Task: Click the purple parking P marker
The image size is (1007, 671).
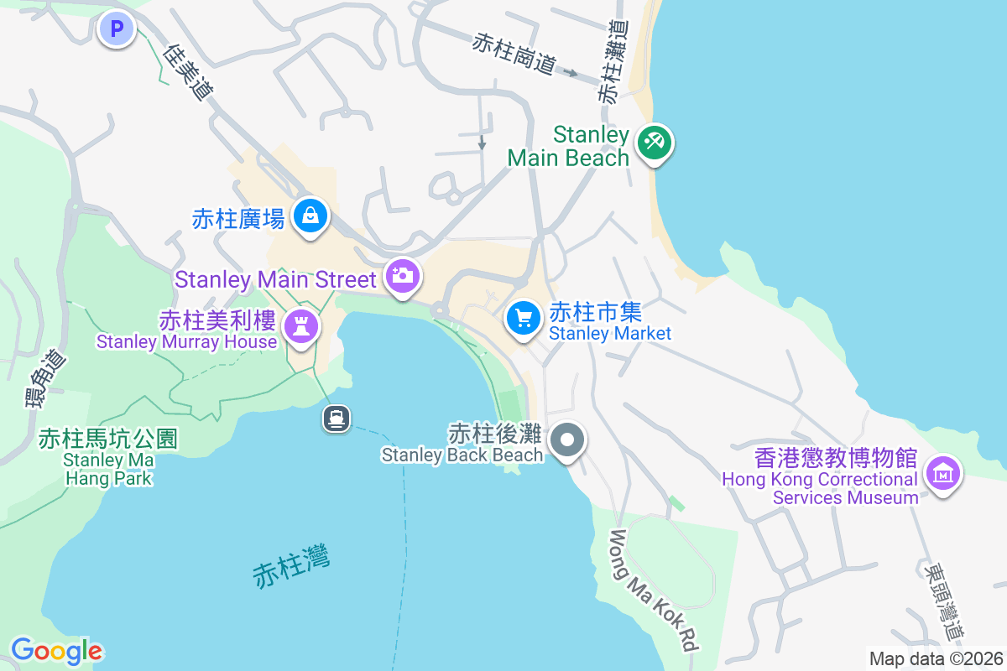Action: pyautogui.click(x=117, y=30)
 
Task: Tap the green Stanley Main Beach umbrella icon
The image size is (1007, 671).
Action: pyautogui.click(x=653, y=142)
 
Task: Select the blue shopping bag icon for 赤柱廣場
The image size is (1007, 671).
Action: pyautogui.click(x=310, y=216)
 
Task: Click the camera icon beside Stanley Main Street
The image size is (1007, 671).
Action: pyautogui.click(x=402, y=275)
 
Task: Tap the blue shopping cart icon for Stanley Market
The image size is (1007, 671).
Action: pyautogui.click(x=524, y=318)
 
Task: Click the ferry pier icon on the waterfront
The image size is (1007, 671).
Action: pyautogui.click(x=337, y=418)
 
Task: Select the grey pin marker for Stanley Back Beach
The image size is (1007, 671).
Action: pyautogui.click(x=567, y=440)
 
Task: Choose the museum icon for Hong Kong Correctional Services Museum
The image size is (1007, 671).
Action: pyautogui.click(x=942, y=473)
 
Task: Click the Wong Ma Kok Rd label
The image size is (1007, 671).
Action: pyautogui.click(x=655, y=590)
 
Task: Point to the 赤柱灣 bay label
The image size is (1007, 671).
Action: pyautogui.click(x=291, y=565)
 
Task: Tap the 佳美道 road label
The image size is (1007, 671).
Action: pyautogui.click(x=186, y=72)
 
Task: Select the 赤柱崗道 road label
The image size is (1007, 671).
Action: pyautogui.click(x=514, y=53)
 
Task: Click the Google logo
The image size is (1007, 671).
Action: pyautogui.click(x=56, y=651)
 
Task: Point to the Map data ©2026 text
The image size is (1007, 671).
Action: pyautogui.click(x=936, y=658)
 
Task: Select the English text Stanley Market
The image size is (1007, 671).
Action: pyautogui.click(x=610, y=333)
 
